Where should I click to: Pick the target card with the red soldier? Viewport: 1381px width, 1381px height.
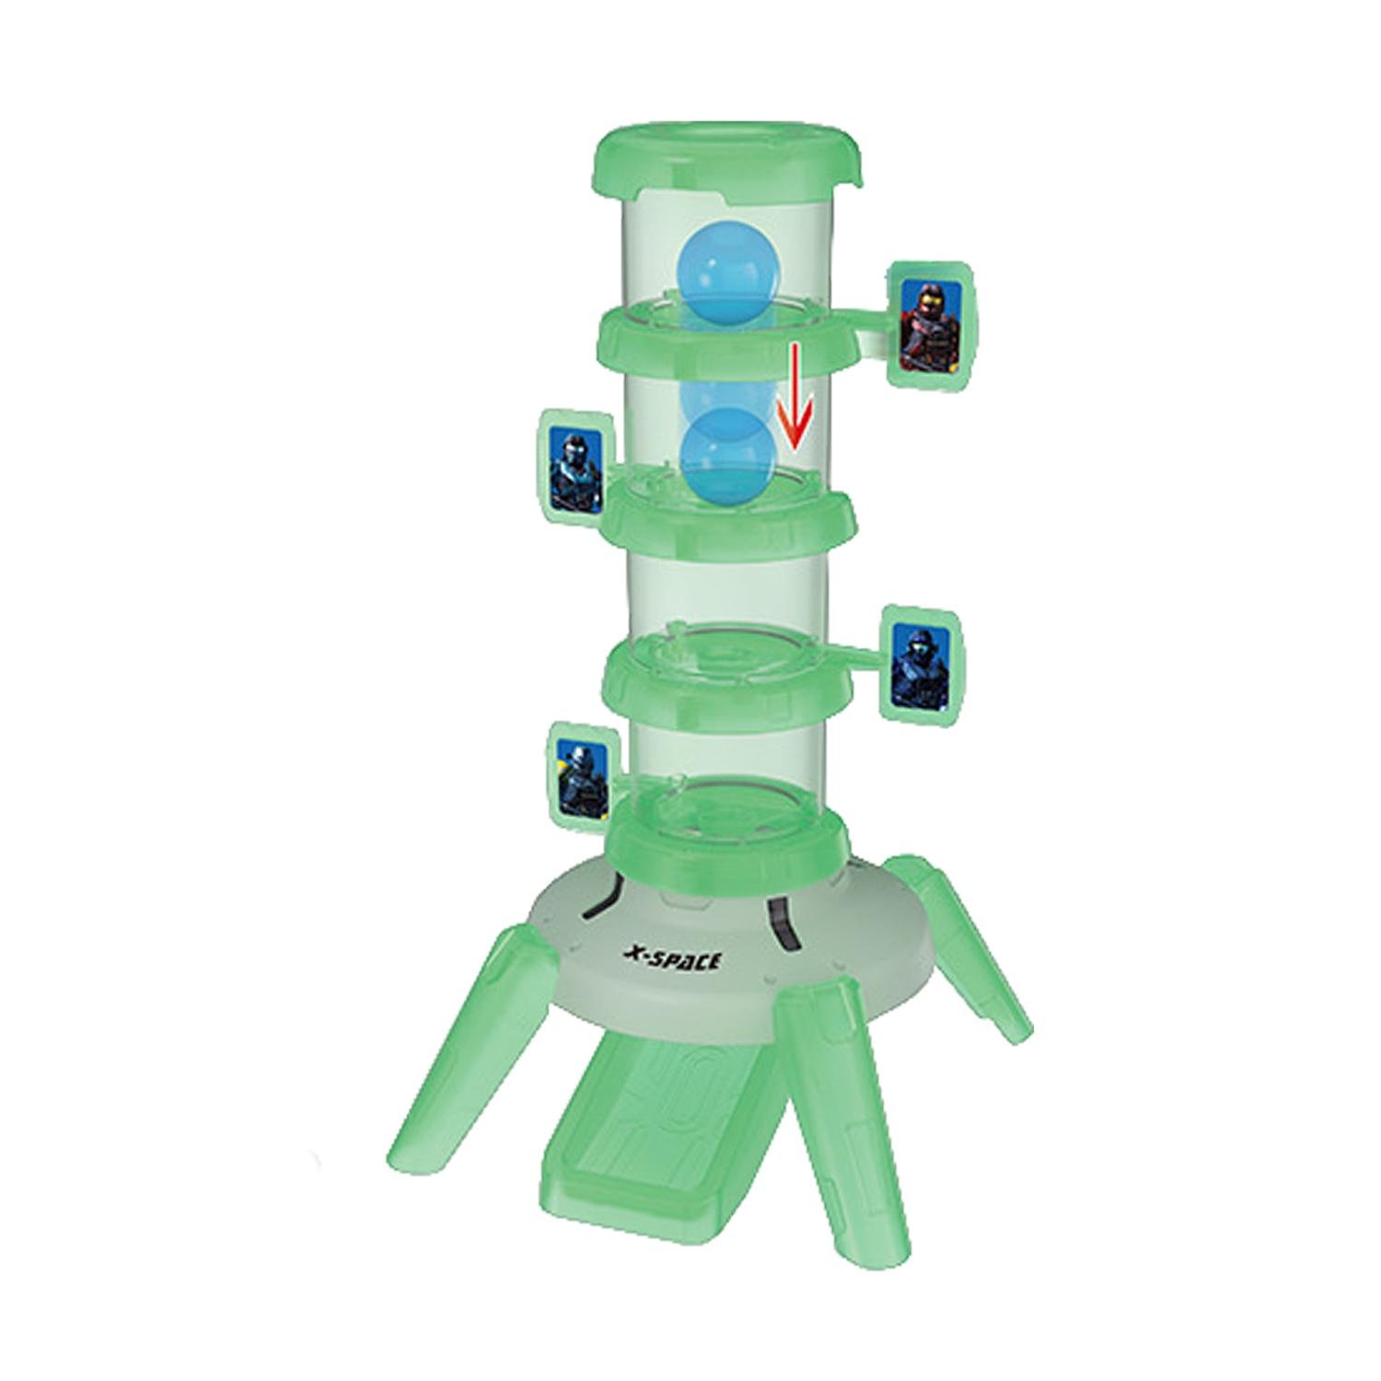932,325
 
